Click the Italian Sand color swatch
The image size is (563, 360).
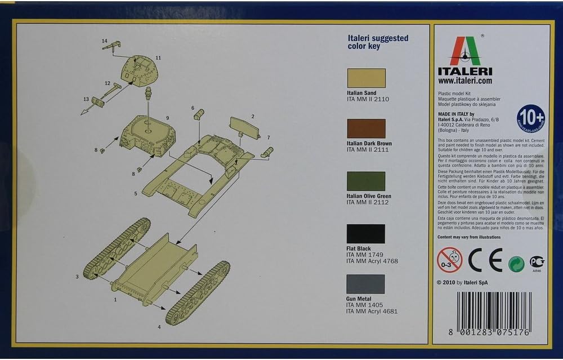[x=366, y=78]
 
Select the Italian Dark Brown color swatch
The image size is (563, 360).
[x=366, y=128]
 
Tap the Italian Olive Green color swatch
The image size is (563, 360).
[x=366, y=181]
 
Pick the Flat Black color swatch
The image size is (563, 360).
[x=366, y=234]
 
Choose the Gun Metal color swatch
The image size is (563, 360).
[x=366, y=284]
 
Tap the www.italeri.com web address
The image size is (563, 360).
[x=465, y=81]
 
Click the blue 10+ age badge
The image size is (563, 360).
[x=530, y=118]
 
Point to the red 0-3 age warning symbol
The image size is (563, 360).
[x=449, y=260]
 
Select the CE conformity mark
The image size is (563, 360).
[x=486, y=260]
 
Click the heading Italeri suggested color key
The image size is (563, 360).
[x=377, y=42]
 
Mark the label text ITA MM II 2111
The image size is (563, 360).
[x=368, y=150]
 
